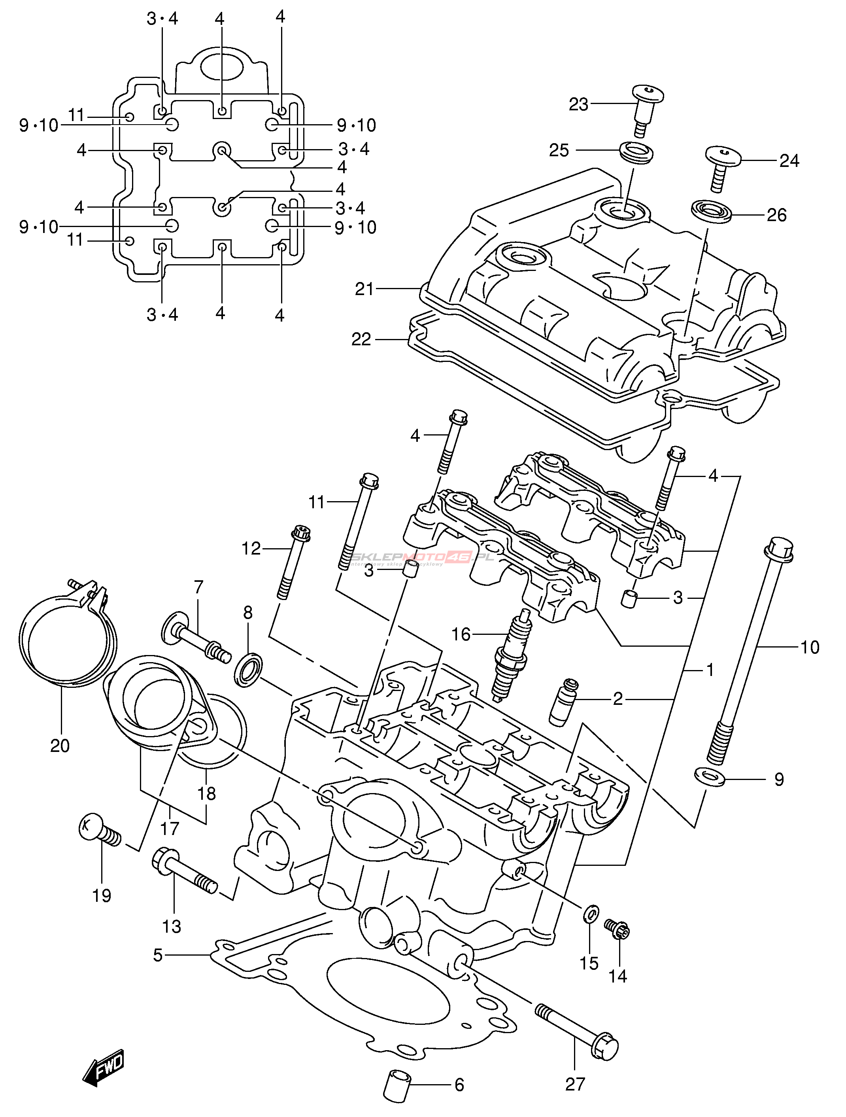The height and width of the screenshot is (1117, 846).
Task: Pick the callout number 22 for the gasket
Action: (361, 339)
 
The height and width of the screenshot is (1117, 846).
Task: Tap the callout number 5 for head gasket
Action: (157, 955)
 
